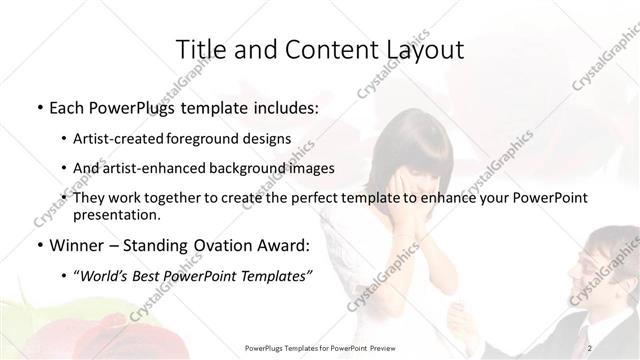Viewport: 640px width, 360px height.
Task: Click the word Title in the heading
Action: tap(199, 50)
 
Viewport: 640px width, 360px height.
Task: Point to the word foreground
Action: tap(222, 138)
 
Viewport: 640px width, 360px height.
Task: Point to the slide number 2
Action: tap(591, 347)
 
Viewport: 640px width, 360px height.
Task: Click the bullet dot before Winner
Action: tap(38, 246)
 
